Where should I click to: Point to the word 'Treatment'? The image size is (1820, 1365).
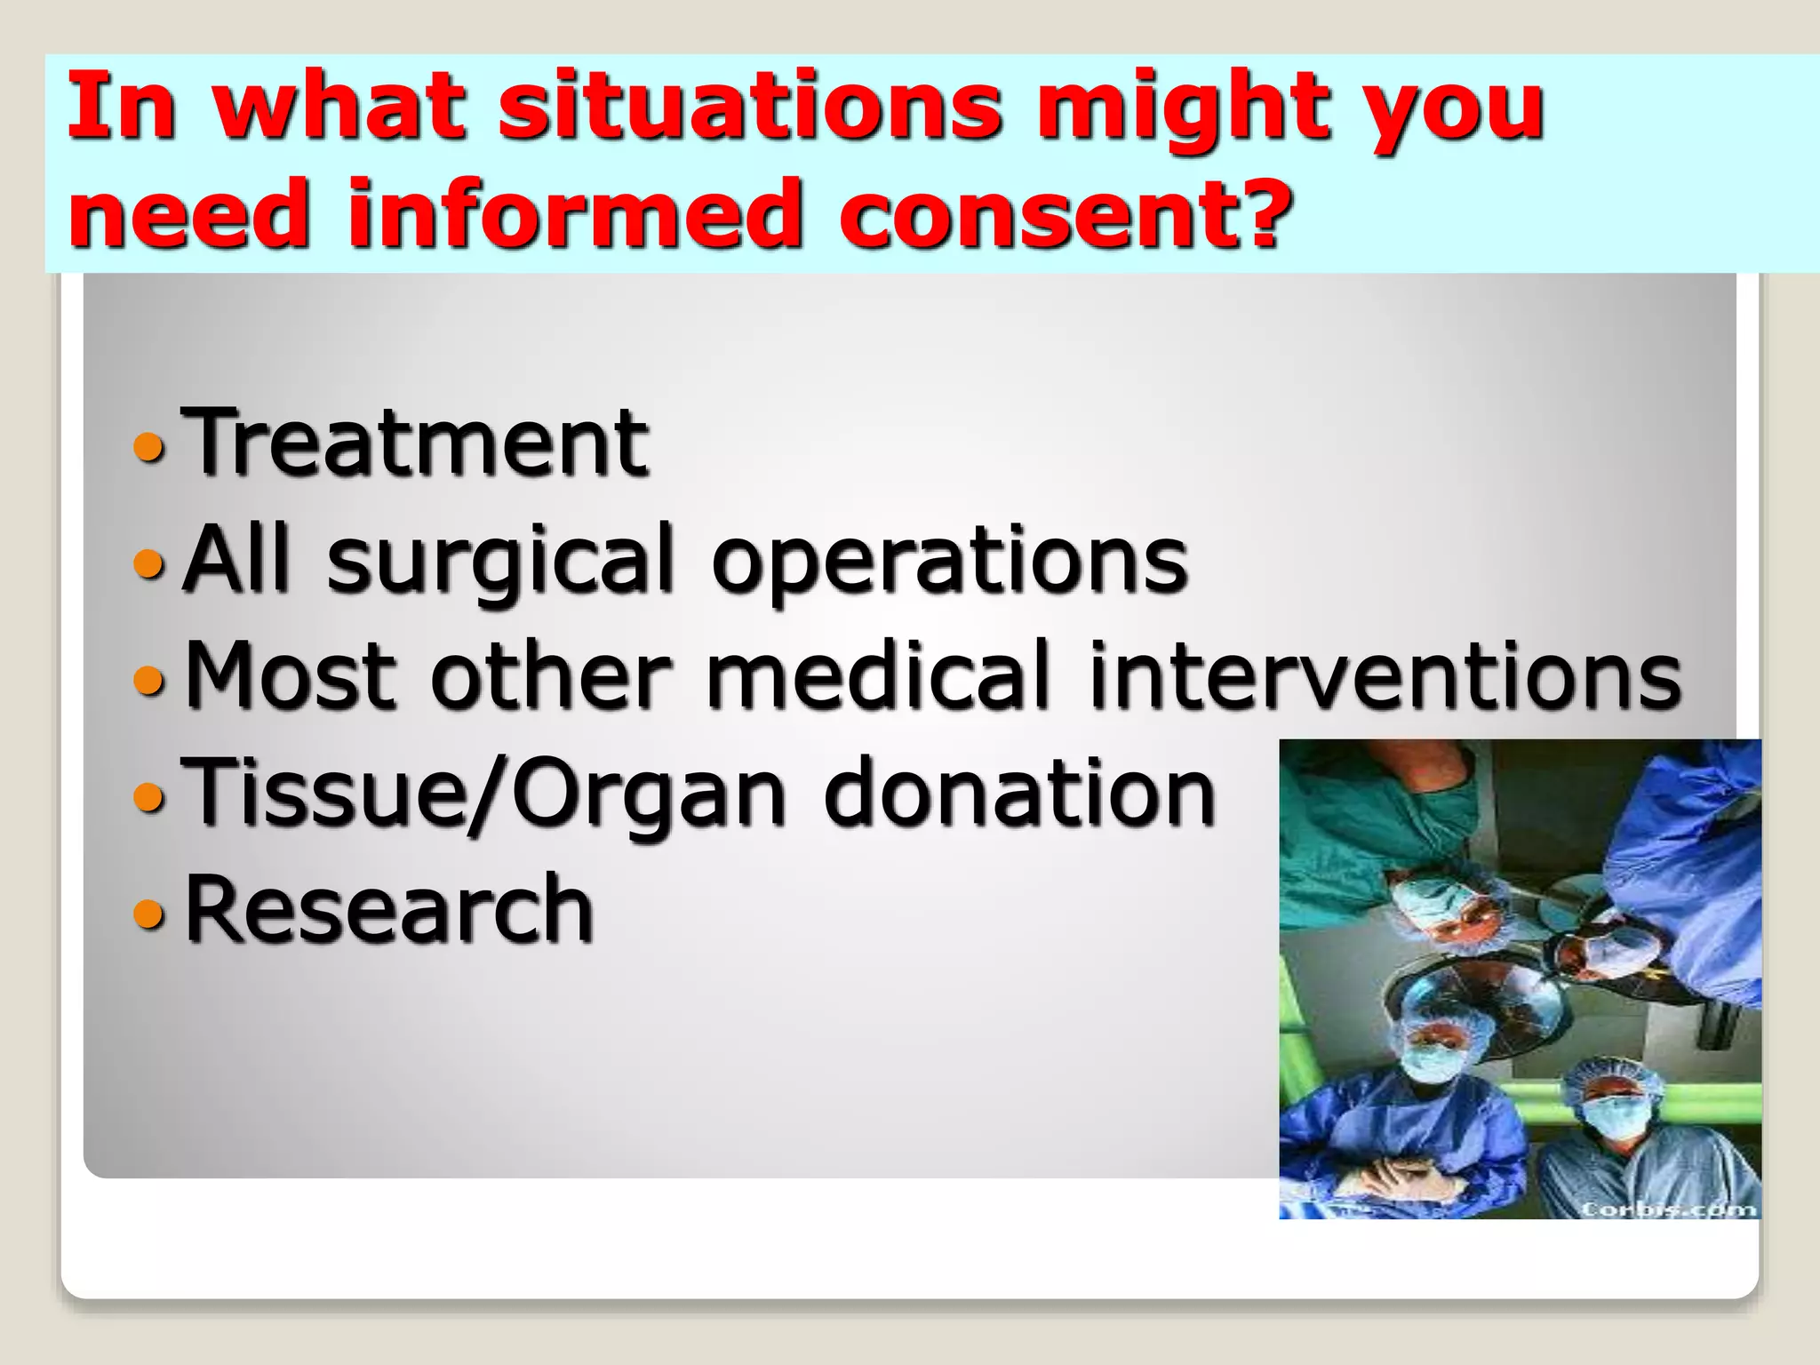click(416, 442)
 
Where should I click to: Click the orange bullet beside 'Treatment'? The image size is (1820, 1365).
click(148, 447)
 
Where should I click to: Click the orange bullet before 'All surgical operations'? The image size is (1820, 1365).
click(148, 563)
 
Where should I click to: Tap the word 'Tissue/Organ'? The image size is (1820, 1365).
click(483, 794)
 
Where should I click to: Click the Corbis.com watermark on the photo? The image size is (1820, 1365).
click(1669, 1209)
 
